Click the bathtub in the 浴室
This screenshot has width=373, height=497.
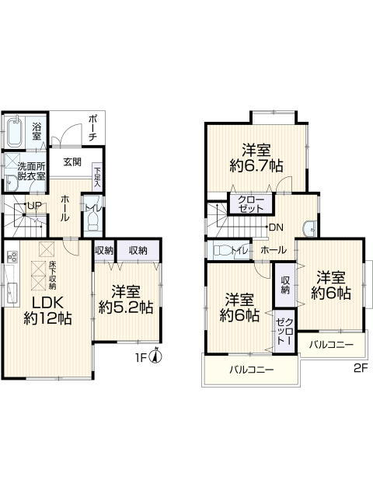pyautogui.click(x=15, y=133)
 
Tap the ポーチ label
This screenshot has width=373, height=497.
pyautogui.click(x=92, y=128)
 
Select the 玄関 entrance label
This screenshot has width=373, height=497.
pyautogui.click(x=72, y=162)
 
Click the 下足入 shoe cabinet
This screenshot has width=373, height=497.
pyautogui.click(x=97, y=177)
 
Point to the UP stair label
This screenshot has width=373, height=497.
pyautogui.click(x=34, y=205)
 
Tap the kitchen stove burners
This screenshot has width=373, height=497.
pyautogui.click(x=12, y=256)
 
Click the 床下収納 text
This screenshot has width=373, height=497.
pyautogui.click(x=52, y=275)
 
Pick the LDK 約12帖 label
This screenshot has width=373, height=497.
pyautogui.click(x=47, y=311)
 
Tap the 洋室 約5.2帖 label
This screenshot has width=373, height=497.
pyautogui.click(x=126, y=299)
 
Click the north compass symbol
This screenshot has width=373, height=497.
pyautogui.click(x=155, y=357)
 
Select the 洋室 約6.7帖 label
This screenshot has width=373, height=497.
pyautogui.click(x=256, y=158)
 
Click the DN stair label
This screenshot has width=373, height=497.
pyautogui.click(x=276, y=228)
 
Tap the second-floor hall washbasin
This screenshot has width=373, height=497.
pyautogui.click(x=309, y=228)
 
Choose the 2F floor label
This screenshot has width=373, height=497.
pyautogui.click(x=361, y=368)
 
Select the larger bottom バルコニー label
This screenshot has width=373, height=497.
pyautogui.click(x=252, y=370)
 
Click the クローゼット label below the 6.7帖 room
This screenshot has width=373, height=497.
pyautogui.click(x=250, y=204)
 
